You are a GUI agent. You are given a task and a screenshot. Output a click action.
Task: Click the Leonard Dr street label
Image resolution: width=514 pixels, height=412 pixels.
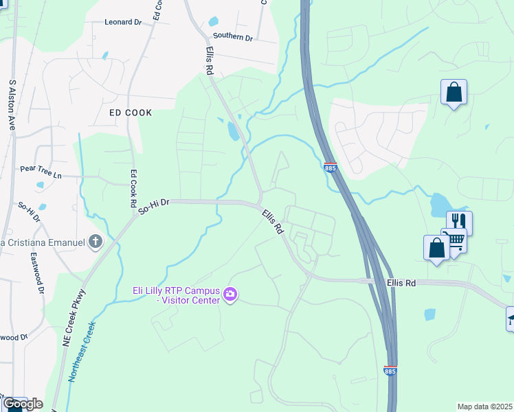[123, 22]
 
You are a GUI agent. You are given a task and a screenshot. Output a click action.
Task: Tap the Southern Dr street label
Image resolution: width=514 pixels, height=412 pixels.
[233, 36]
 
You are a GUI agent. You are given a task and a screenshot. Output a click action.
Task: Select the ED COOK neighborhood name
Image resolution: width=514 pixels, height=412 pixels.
[130, 112]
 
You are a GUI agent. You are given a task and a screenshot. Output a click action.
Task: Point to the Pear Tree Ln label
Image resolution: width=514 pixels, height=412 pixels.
[41, 172]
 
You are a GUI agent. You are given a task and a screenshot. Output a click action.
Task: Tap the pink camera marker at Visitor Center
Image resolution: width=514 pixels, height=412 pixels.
[230, 295]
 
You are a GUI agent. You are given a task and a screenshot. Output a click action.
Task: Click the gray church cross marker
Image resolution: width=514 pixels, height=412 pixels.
[96, 242]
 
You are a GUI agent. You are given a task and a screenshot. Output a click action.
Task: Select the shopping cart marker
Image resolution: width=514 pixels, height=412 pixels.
[454, 239]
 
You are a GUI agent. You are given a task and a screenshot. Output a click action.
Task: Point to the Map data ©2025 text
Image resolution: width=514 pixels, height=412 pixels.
[484, 407]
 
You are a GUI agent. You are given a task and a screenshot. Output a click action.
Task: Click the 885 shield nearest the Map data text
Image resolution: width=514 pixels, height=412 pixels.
[390, 371]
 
